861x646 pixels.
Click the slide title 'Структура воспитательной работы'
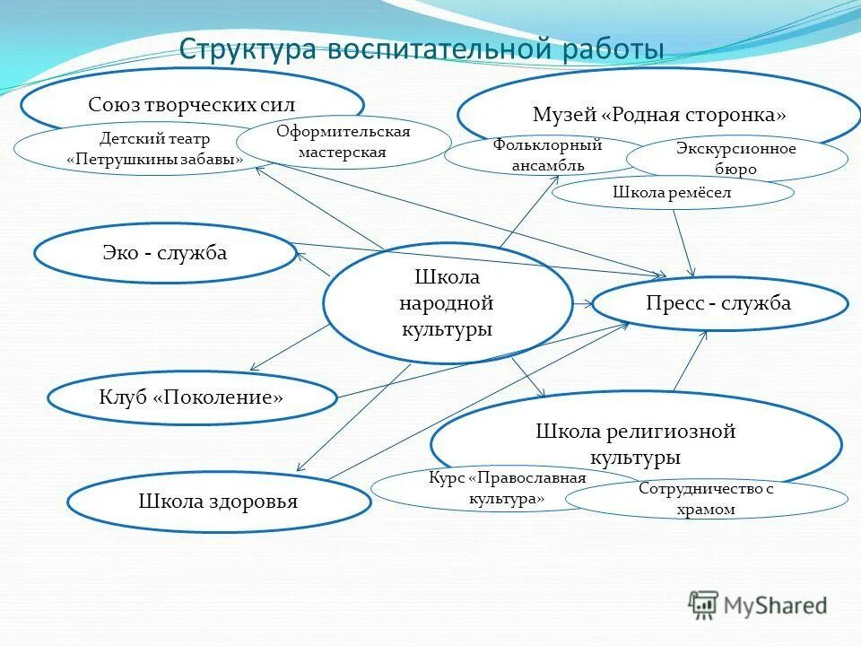pos(422,48)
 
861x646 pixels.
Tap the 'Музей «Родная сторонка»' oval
pos(658,114)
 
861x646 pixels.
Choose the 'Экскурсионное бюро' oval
pos(735,159)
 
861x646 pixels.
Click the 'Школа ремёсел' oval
pos(672,192)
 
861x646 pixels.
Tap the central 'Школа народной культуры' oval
pos(447,303)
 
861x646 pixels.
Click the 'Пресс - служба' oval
pos(718,303)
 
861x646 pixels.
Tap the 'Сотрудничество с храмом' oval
pos(706,499)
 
